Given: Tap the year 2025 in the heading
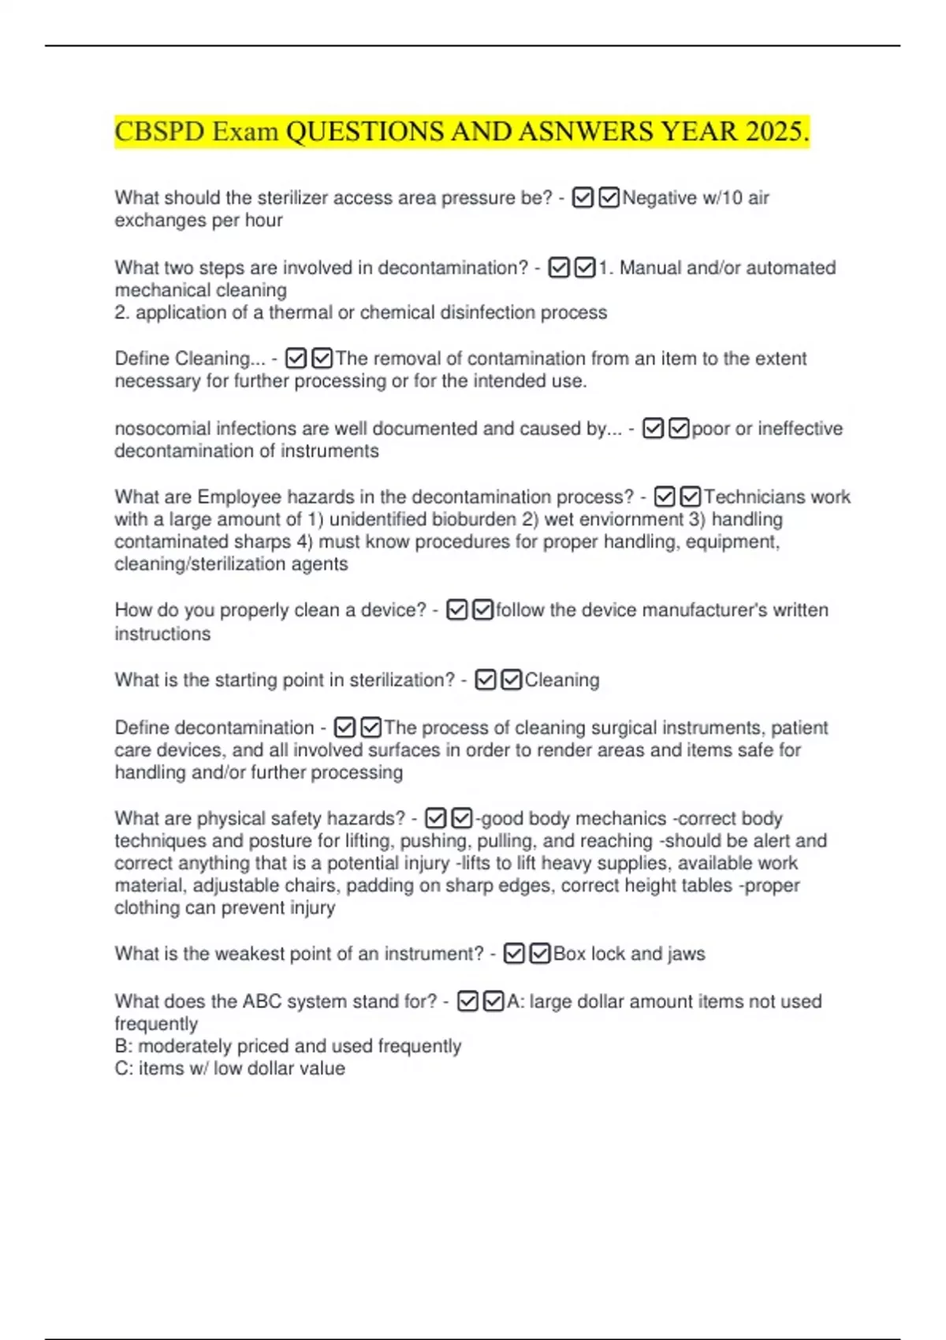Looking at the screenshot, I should pyautogui.click(x=773, y=132).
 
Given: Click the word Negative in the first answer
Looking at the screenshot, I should pyautogui.click(x=659, y=198).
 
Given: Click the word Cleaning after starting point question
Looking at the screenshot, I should pyautogui.click(x=561, y=680).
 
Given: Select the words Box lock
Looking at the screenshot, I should pyautogui.click(x=588, y=954).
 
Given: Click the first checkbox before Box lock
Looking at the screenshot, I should pyautogui.click(x=514, y=954).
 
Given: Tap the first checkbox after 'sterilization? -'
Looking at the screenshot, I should pyautogui.click(x=486, y=680).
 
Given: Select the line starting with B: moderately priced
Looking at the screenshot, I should pyautogui.click(x=288, y=1046).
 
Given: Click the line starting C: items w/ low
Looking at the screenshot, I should pyautogui.click(x=229, y=1069).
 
